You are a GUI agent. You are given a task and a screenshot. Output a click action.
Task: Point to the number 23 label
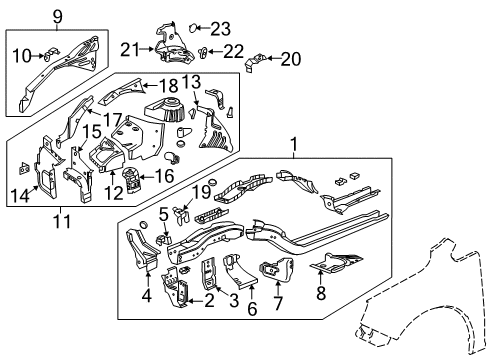click(x=220, y=27)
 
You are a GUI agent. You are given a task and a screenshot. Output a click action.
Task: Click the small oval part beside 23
click(x=196, y=27)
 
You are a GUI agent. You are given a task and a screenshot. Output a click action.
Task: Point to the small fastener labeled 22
click(x=204, y=50)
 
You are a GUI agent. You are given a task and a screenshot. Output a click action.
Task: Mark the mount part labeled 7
click(x=272, y=272)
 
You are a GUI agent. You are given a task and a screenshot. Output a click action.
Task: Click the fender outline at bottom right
click(x=420, y=320)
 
